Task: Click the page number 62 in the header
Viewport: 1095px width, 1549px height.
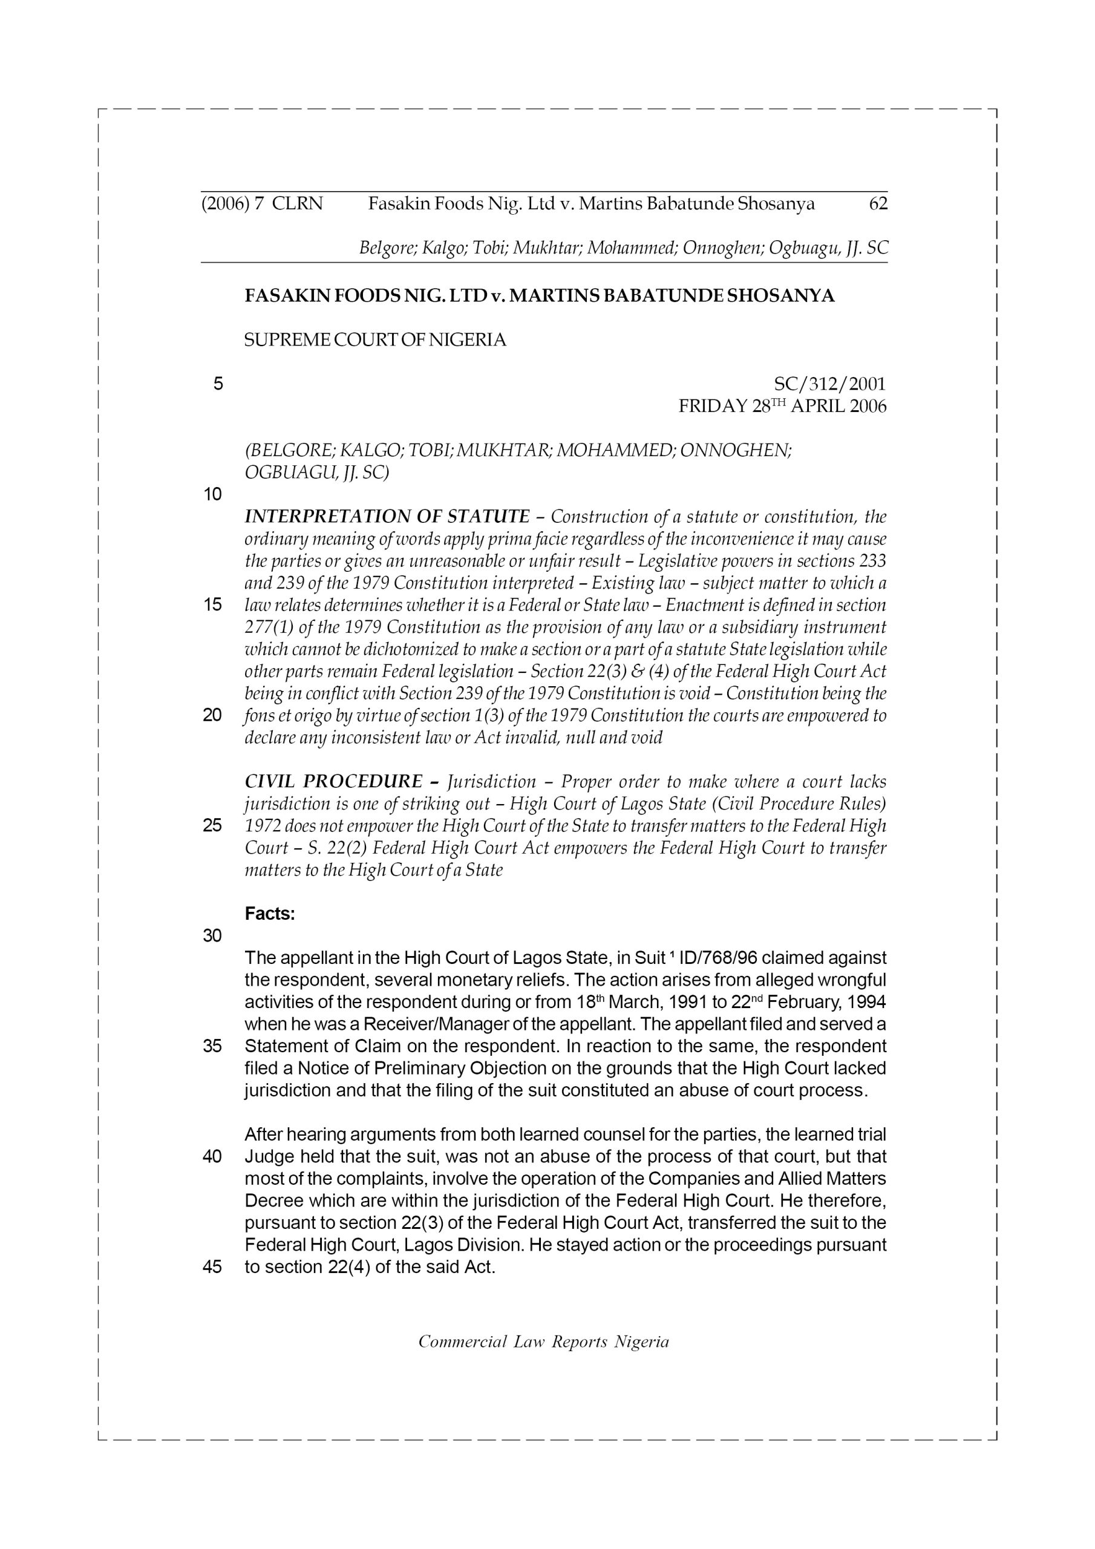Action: [x=878, y=204]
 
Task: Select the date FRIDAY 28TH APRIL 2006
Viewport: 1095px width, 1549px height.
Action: [x=782, y=407]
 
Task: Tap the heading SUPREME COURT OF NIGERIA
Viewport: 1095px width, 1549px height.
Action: [x=375, y=340]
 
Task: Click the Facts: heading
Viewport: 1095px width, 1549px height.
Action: [x=270, y=914]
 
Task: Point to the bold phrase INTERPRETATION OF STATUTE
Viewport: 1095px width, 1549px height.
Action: [x=387, y=517]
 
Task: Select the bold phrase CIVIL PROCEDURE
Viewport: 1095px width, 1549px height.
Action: [x=333, y=782]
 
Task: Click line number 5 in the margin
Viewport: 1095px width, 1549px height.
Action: [x=218, y=385]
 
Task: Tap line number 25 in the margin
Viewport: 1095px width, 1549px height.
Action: [x=212, y=826]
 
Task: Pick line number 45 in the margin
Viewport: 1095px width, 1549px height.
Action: [x=212, y=1267]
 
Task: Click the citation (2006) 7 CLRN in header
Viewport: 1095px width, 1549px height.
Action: [x=263, y=204]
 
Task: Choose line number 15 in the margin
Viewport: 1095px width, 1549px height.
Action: [x=212, y=605]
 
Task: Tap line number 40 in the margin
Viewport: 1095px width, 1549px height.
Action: [x=212, y=1156]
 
